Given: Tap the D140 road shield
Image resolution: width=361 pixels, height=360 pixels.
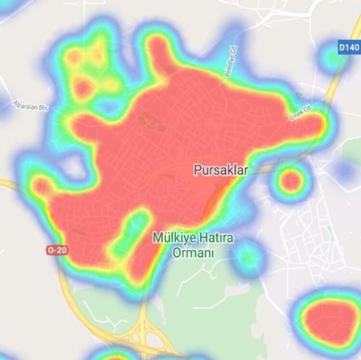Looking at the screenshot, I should (x=348, y=48).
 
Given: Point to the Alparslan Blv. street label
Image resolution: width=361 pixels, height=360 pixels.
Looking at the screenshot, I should (x=31, y=106).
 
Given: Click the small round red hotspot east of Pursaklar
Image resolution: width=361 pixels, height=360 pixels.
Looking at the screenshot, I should (x=291, y=181).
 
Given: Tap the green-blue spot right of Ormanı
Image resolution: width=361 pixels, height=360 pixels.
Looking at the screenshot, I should (x=247, y=258).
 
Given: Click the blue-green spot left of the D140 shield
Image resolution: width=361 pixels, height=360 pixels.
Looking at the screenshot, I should (x=331, y=58).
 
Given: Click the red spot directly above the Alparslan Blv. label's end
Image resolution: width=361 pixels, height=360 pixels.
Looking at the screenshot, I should (x=82, y=88).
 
